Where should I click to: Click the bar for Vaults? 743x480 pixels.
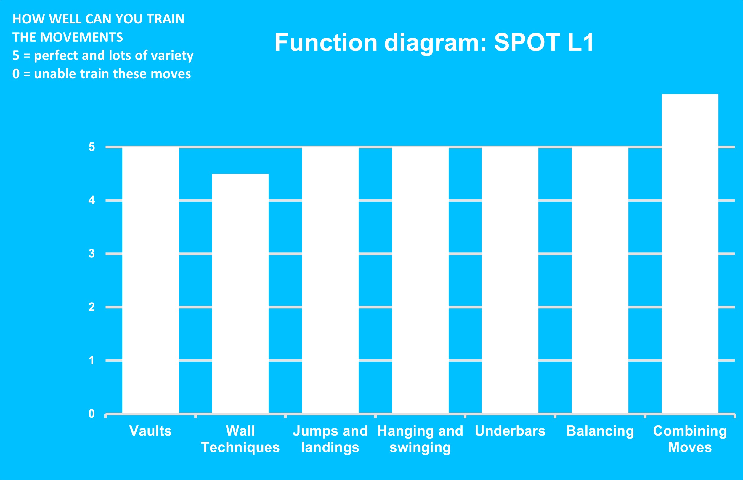coord(150,280)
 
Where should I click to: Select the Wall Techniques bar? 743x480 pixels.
coord(240,293)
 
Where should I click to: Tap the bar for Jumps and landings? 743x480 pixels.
coord(330,280)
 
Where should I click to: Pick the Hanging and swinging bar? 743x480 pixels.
coord(420,280)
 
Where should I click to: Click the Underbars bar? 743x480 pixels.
coord(510,280)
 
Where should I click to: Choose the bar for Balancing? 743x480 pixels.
coord(600,280)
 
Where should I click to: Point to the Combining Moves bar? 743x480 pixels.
coord(690,254)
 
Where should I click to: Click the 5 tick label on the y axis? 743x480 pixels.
coord(92,147)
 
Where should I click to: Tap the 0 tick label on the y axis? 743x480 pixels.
coord(92,414)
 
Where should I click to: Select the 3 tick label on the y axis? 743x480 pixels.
coord(92,254)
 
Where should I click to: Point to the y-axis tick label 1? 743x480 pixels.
coord(92,360)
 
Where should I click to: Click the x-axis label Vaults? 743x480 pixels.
coord(150,431)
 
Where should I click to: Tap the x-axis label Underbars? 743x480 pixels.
coord(510,431)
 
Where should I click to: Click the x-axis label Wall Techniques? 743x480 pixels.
coord(240,439)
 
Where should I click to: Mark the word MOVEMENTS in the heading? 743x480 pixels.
coord(82,37)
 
